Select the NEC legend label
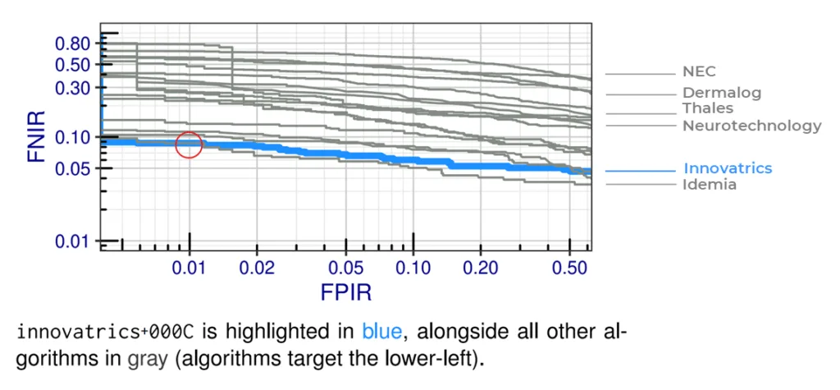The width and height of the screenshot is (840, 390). pyautogui.click(x=699, y=71)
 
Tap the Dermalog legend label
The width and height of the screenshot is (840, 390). pyautogui.click(x=722, y=93)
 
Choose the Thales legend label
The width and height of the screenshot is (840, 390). pyautogui.click(x=708, y=108)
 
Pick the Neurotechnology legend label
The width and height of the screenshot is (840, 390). pyautogui.click(x=751, y=126)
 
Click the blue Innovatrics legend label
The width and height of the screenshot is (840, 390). pyautogui.click(x=728, y=168)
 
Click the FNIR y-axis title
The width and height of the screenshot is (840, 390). pyautogui.click(x=36, y=136)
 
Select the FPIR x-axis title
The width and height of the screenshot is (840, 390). pyautogui.click(x=345, y=292)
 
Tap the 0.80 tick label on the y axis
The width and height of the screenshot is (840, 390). pyautogui.click(x=75, y=44)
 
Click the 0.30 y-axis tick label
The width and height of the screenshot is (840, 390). pyautogui.click(x=75, y=87)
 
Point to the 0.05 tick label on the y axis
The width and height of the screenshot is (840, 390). pyautogui.click(x=75, y=168)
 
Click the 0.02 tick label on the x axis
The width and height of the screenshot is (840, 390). pyautogui.click(x=257, y=267)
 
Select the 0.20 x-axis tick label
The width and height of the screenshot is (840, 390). pyautogui.click(x=481, y=267)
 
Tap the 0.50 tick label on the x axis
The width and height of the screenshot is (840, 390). pyautogui.click(x=570, y=267)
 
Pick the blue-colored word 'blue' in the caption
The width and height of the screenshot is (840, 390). pyautogui.click(x=381, y=332)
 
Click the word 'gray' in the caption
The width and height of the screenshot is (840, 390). pyautogui.click(x=148, y=358)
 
